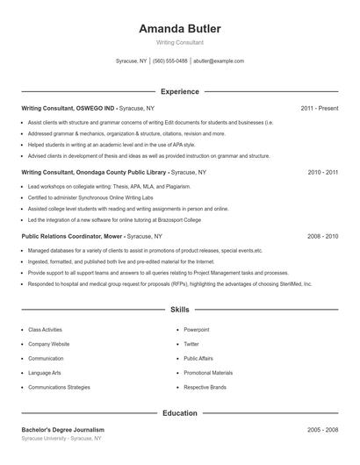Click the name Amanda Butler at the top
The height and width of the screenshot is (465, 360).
point(179,28)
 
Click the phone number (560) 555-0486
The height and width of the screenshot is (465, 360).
point(170,61)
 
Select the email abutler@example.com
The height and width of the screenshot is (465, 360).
point(219,61)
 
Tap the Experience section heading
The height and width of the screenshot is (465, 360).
point(179,91)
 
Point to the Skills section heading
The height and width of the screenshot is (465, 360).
point(179,310)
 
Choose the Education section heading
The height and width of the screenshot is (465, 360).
point(179,412)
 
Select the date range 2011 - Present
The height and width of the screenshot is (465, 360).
point(319,108)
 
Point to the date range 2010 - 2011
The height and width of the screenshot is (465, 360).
point(322,172)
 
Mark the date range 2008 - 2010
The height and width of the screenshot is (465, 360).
point(322,236)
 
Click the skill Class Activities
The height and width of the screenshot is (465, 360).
point(46,330)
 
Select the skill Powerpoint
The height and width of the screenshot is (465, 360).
point(197,330)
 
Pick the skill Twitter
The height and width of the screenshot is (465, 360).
point(191,344)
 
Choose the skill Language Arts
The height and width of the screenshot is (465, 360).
point(45,373)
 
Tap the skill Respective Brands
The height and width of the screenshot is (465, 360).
point(205,387)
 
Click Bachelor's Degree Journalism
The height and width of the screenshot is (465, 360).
point(62,430)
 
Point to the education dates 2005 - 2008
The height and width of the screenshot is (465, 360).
point(322,430)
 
